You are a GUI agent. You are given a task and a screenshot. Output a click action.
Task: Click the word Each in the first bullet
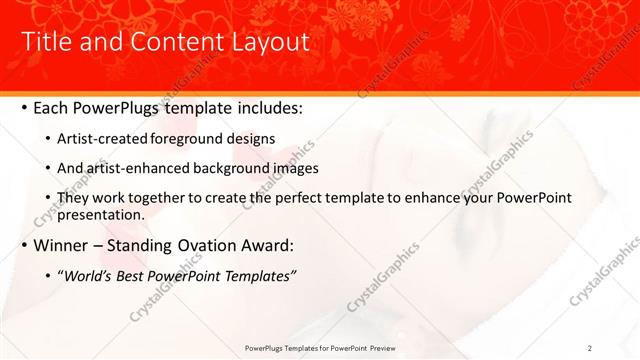pos(51,107)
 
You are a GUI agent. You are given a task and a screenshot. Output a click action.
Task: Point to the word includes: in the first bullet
pos(260,107)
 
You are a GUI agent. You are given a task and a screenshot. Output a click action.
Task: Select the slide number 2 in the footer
pos(590,348)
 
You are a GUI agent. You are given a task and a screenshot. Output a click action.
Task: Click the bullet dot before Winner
pos(23,246)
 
